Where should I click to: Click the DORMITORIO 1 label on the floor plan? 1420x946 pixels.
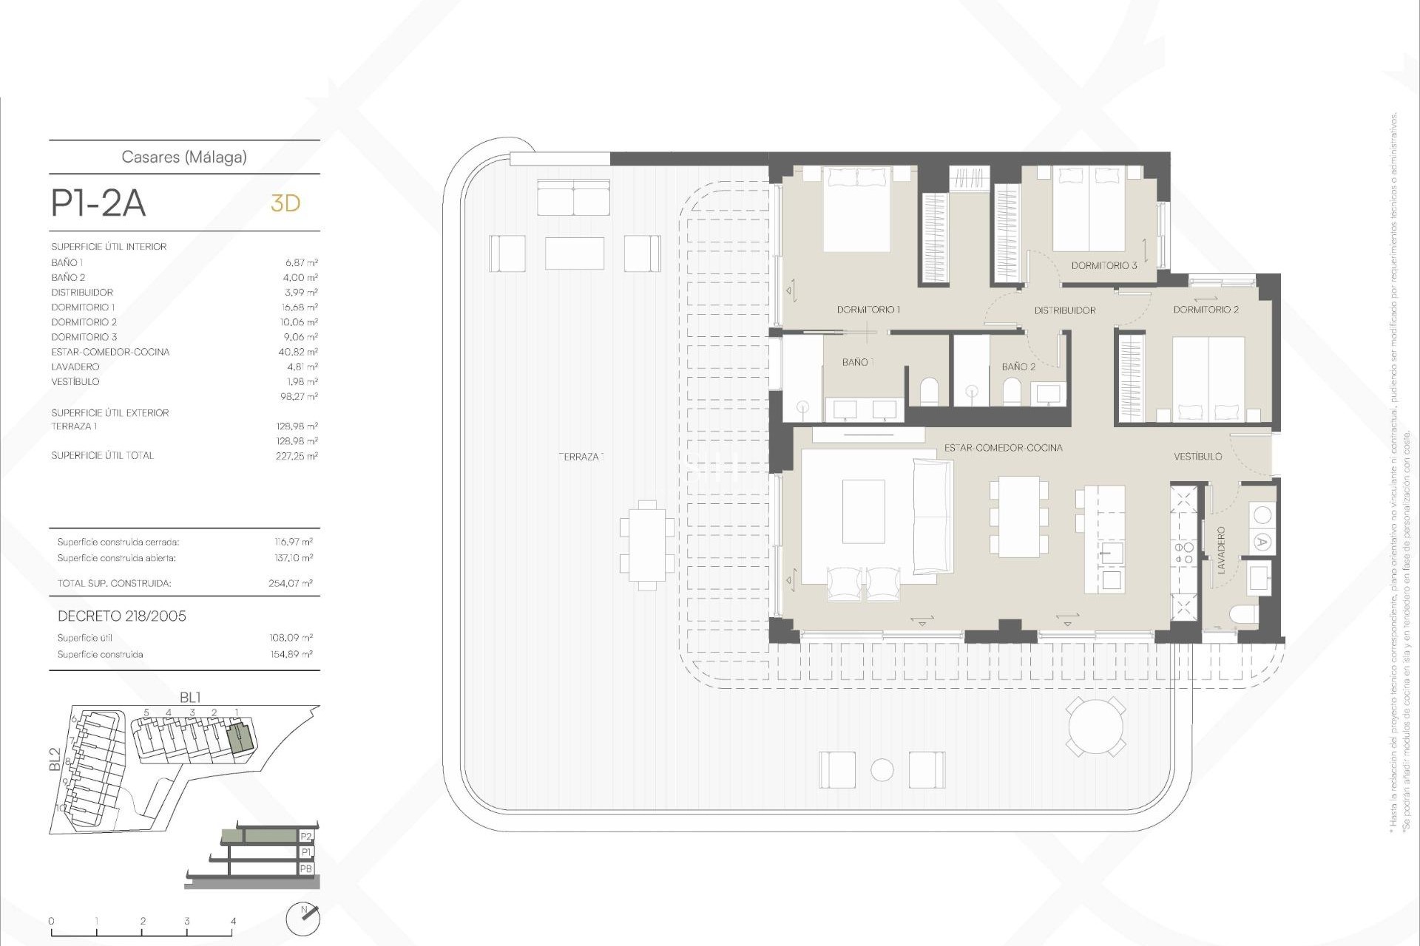[x=868, y=310]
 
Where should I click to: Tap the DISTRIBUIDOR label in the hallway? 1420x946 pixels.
[x=1064, y=310]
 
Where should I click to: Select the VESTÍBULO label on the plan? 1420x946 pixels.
[x=1197, y=457]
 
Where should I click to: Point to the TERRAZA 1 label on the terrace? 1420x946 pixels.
[x=581, y=457]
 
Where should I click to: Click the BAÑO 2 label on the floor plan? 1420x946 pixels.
[x=1018, y=367]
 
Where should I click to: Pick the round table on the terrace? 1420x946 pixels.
[x=1095, y=726]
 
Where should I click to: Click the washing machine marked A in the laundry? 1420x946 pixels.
[x=1262, y=542]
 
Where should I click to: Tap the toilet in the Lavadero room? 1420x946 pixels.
[x=1242, y=614]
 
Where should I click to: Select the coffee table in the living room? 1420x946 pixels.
[x=863, y=511]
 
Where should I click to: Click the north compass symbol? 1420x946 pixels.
[x=303, y=919]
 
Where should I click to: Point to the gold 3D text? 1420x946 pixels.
[x=285, y=203]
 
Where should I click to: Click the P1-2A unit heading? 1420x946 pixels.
[x=98, y=203]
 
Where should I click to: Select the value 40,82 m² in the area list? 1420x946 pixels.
[x=301, y=352]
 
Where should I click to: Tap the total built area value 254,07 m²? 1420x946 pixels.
[x=291, y=583]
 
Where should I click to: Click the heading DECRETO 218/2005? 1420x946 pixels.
[x=122, y=616]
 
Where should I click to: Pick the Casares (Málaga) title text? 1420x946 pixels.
[x=184, y=157]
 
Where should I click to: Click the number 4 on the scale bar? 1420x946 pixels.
[x=233, y=921]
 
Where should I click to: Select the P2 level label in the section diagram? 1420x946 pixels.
[x=306, y=836]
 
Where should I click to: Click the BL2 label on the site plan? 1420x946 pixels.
[x=55, y=760]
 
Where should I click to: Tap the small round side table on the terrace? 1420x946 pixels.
[x=882, y=770]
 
